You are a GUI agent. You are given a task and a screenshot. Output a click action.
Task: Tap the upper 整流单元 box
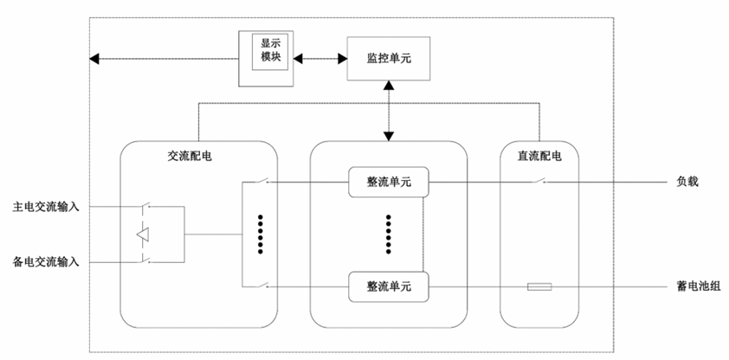389,182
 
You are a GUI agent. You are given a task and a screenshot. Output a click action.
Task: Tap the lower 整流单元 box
389,286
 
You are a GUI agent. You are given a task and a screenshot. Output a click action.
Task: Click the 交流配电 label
190,157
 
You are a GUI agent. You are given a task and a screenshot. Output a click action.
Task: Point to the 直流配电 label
539,157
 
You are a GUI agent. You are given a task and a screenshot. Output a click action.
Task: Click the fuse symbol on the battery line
539,286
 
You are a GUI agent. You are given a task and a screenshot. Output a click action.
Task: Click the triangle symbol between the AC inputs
144,234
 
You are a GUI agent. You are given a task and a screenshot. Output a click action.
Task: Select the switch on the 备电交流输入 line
145,260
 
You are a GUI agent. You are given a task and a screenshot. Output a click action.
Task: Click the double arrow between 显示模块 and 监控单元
319,59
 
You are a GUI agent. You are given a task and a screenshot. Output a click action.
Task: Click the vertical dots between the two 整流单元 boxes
389,234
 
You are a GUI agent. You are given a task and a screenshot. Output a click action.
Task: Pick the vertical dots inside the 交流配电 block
261,234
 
